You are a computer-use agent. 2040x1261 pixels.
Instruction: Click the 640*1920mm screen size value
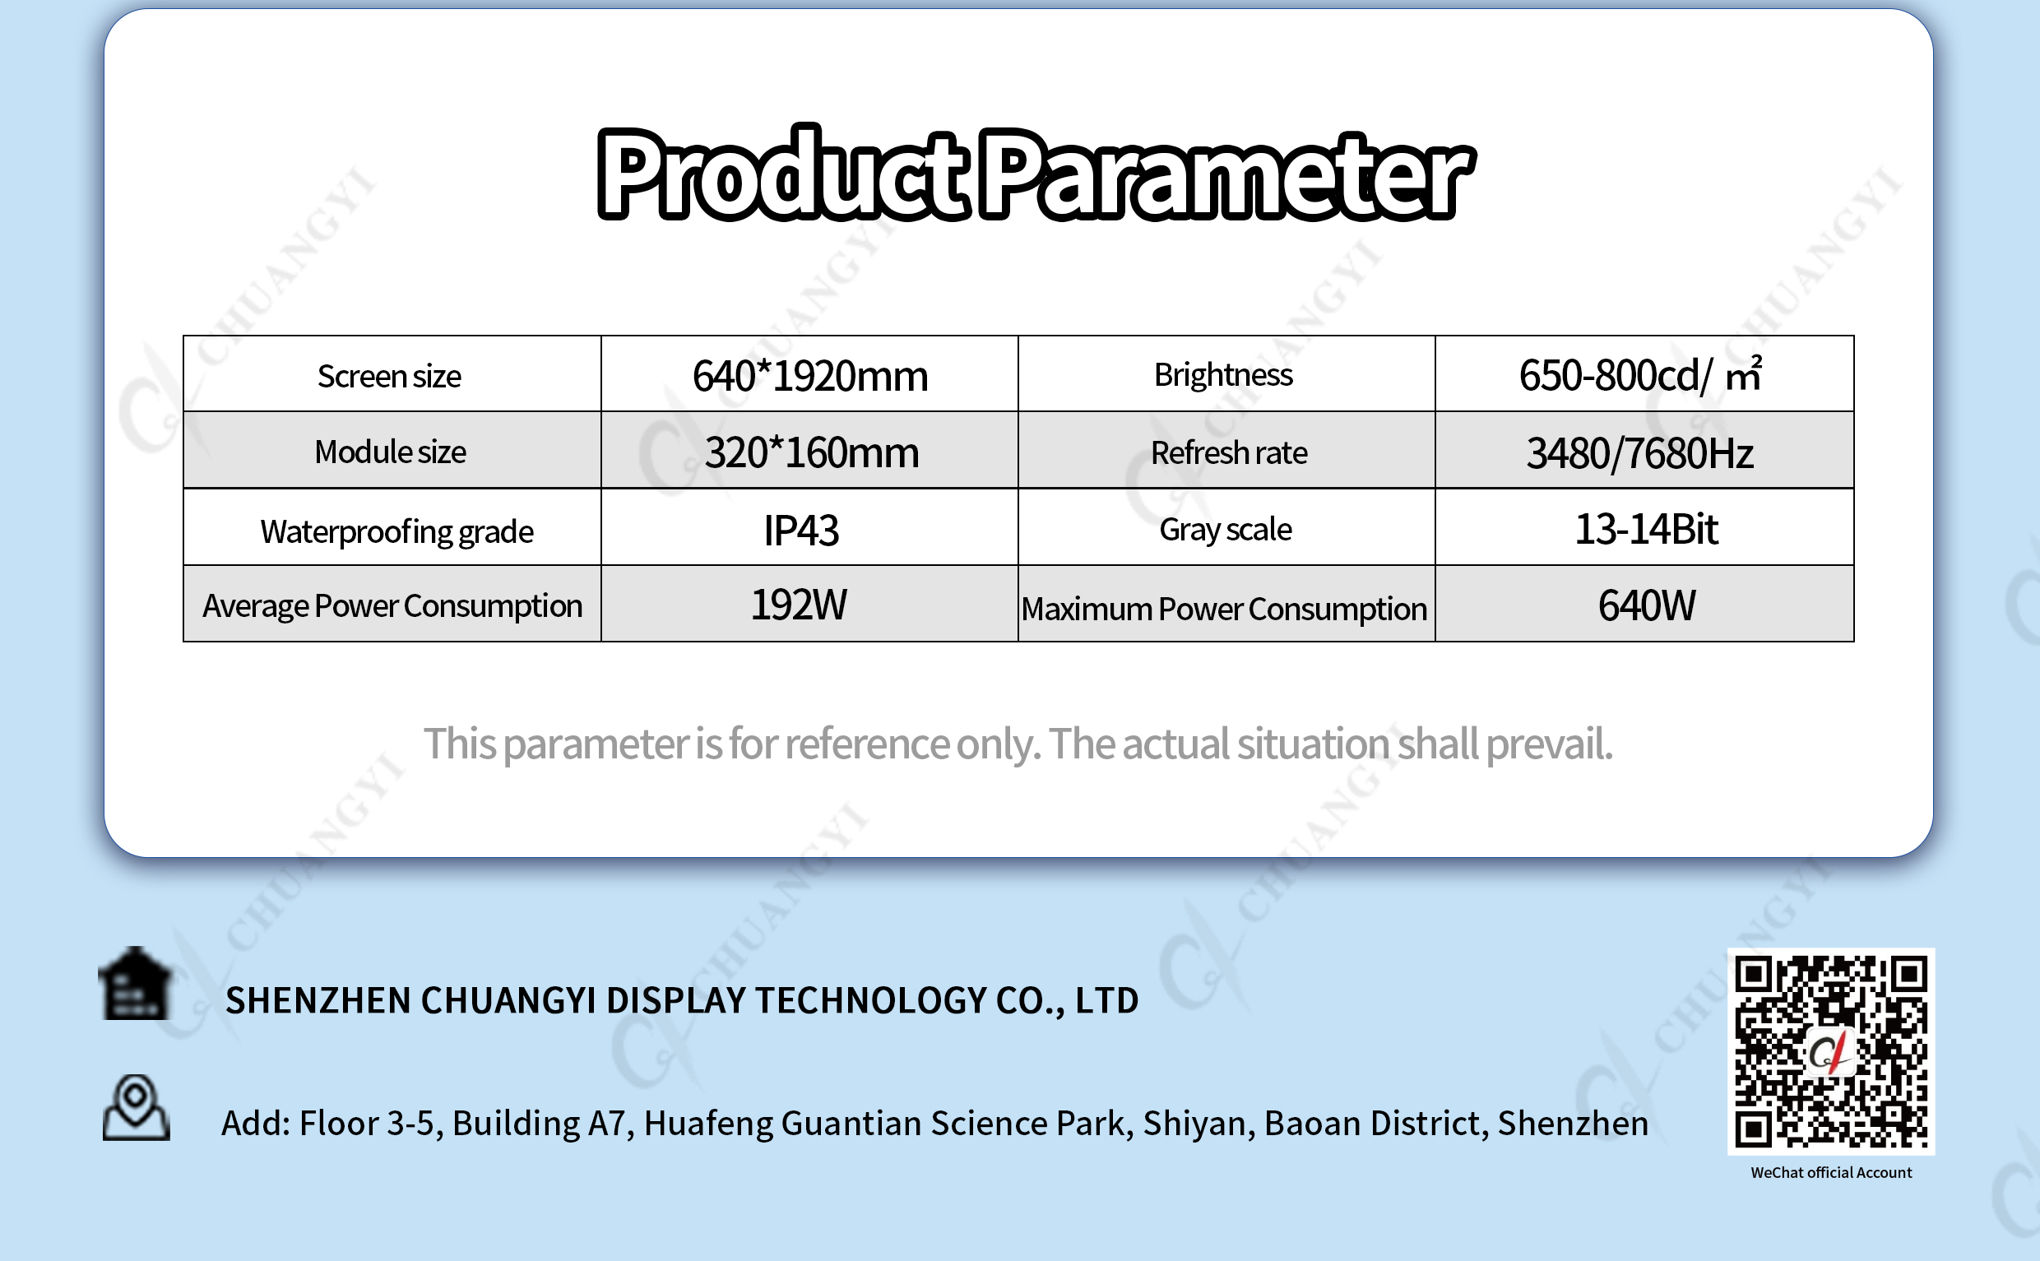pos(809,376)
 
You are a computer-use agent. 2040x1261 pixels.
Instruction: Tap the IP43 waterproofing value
pos(801,531)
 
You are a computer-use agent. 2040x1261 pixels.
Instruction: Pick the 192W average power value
pos(799,605)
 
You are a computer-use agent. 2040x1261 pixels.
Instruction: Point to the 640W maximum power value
pos(1646,605)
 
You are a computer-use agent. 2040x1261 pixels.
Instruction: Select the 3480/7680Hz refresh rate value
pos(1639,454)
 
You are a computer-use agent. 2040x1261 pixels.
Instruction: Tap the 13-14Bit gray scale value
pos(1646,529)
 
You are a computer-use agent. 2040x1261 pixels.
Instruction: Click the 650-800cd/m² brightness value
pos(1640,374)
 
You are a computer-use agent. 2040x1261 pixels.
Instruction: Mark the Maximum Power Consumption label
pos(1224,609)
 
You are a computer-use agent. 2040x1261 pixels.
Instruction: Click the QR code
pos(1831,1051)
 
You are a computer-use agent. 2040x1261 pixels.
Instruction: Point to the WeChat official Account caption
pos(1831,1173)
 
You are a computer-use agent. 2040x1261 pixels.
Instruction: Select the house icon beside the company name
pos(136,984)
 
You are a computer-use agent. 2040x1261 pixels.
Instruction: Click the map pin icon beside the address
pos(136,1107)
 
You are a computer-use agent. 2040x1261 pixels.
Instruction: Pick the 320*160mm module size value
pos(812,453)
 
